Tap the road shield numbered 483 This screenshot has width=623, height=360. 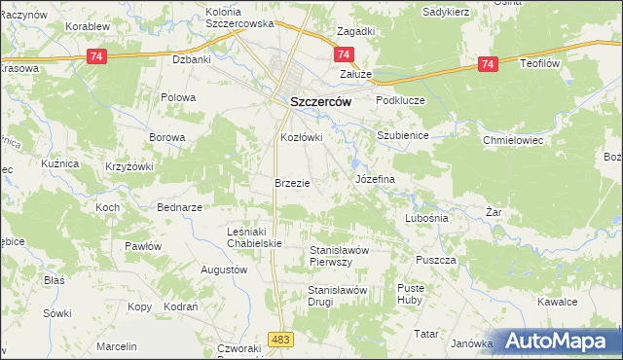click(281, 338)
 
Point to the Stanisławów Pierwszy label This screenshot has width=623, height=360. click(339, 256)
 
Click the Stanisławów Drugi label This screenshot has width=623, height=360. click(336, 296)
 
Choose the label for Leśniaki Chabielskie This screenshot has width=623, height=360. click(253, 236)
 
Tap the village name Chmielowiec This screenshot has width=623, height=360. click(512, 140)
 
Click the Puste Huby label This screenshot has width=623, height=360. click(412, 294)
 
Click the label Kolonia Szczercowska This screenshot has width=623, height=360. click(239, 17)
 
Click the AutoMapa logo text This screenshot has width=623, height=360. click(560, 342)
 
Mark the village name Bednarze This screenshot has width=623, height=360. click(179, 207)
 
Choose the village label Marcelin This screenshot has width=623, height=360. click(116, 346)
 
